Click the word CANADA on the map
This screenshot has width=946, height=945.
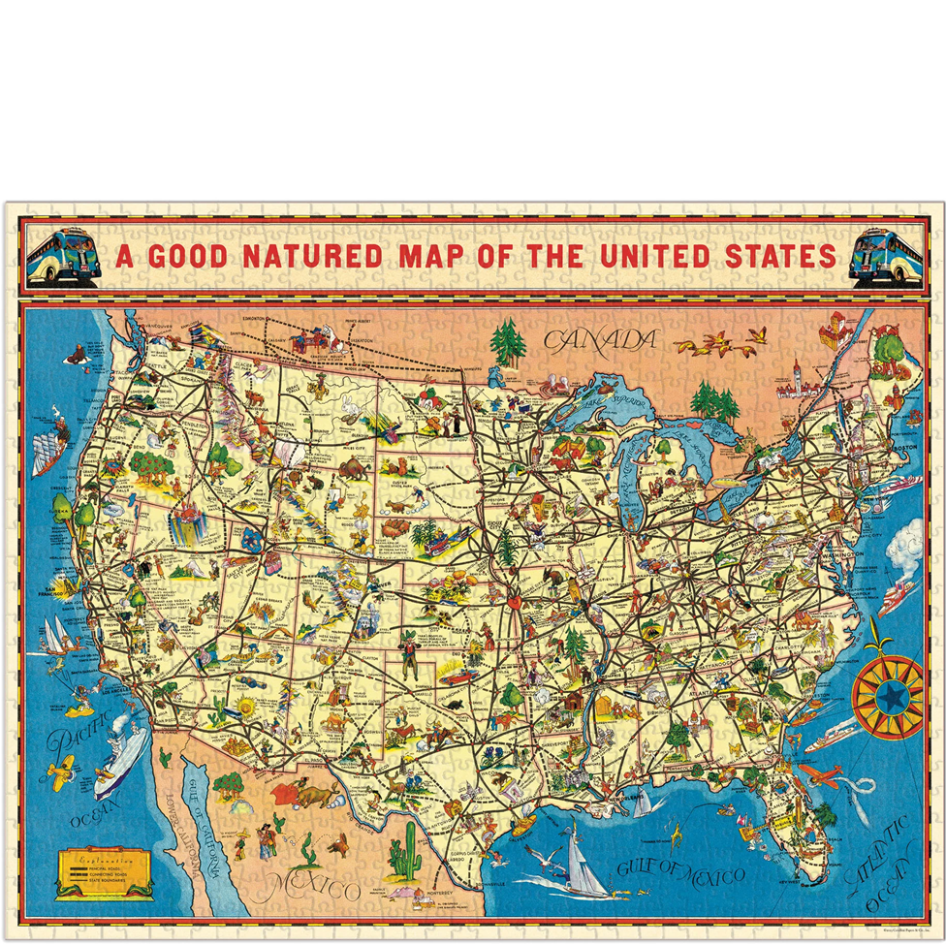click(x=600, y=340)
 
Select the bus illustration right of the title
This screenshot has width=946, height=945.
click(x=885, y=257)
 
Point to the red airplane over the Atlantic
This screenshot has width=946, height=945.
click(x=820, y=774)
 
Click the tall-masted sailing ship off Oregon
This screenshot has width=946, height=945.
click(x=47, y=452)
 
